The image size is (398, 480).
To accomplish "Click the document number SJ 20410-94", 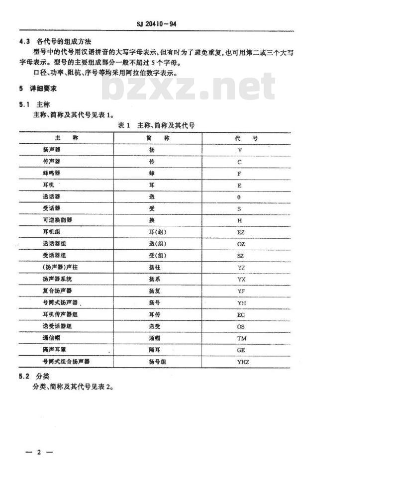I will (157, 23).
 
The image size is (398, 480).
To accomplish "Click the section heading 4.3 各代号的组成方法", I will (55, 41).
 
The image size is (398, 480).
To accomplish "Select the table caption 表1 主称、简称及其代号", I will (156, 125).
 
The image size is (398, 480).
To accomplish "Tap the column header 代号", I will (246, 138).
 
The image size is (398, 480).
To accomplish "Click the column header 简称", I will (159, 138).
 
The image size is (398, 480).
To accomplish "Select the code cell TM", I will (242, 339).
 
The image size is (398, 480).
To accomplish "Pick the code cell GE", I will (241, 350).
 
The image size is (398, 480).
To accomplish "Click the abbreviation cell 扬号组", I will (157, 362).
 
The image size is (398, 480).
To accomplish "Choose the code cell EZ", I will (241, 232).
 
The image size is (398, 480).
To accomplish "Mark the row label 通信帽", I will (52, 338).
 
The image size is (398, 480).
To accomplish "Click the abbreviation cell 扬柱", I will (155, 268).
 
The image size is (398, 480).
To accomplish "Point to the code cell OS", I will (241, 327).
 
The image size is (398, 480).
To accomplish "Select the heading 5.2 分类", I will (38, 376).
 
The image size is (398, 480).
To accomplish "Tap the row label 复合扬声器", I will (58, 291).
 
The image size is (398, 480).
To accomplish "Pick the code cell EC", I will (241, 315).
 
